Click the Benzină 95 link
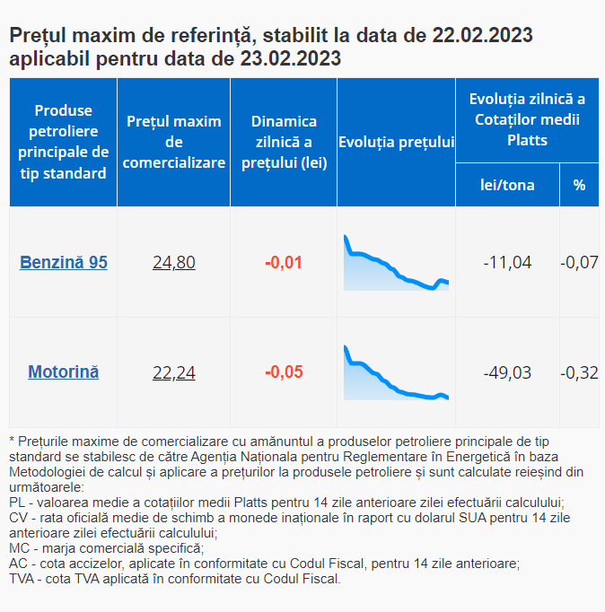63,262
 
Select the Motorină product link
63,372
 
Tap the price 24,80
174,262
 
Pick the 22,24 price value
174,372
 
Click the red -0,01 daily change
284,262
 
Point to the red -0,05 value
284,372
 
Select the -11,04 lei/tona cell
507,262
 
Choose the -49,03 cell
507,372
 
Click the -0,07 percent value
579,262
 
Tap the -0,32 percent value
579,372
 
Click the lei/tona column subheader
507,185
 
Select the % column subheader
579,185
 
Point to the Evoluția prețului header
396,142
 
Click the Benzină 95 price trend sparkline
396,263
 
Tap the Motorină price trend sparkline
396,372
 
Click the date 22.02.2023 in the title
482,35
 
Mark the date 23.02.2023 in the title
291,58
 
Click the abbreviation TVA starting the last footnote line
22,579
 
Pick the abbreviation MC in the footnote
20,548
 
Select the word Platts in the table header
527,140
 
